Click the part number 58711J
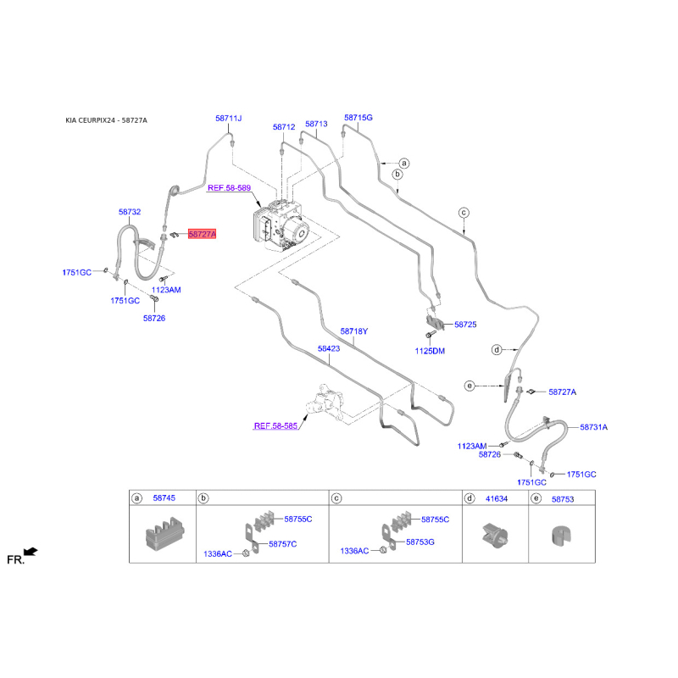pos(228,118)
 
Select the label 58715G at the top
pos(358,118)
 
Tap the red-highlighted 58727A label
pos(202,234)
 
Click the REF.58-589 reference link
pos(231,186)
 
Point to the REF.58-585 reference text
pos(277,427)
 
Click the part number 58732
pos(130,212)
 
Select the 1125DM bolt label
pos(430,350)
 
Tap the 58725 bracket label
pos(465,325)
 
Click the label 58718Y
pos(354,331)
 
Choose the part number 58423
pos(329,347)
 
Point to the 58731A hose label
pos(594,428)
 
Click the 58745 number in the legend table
pos(164,499)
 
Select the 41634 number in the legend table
pos(496,499)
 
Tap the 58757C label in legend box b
pos(282,543)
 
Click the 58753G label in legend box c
pos(420,542)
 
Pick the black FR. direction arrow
pos(31,552)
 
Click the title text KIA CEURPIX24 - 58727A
pos(106,120)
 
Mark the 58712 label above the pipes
pos(284,127)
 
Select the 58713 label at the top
pos(316,124)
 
